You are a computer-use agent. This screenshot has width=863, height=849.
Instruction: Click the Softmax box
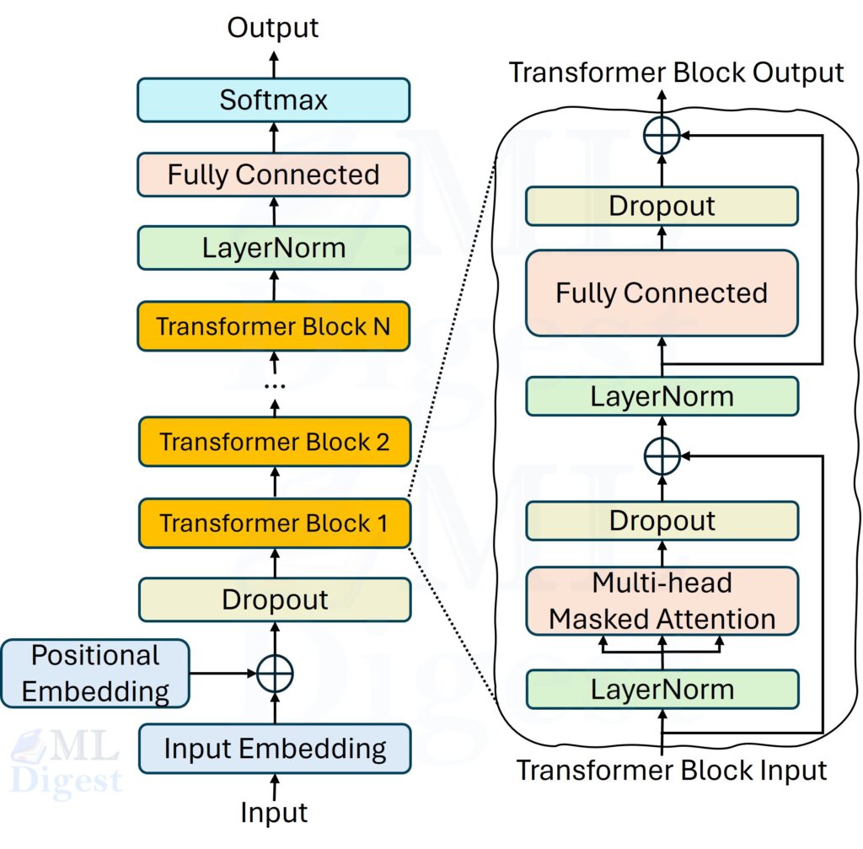click(x=273, y=100)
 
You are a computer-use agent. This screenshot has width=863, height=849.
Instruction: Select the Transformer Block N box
click(x=273, y=326)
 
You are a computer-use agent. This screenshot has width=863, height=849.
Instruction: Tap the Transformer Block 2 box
click(x=273, y=442)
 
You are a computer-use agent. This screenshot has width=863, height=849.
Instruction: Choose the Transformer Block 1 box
click(x=273, y=524)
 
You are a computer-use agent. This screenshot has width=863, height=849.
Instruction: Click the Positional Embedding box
click(x=94, y=673)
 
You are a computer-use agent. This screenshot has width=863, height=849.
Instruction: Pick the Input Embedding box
click(x=273, y=748)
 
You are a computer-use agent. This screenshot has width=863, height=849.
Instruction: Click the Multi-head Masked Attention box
click(x=662, y=601)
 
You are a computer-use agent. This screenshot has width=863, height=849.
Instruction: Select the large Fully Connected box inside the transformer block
click(x=662, y=293)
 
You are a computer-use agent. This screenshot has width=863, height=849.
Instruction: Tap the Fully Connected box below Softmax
click(x=273, y=175)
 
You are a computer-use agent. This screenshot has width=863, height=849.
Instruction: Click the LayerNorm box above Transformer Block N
click(x=273, y=248)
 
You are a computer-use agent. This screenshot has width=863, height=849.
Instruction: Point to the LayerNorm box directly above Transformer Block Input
click(x=662, y=689)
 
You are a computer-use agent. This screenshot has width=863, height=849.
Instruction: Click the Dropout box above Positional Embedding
click(x=273, y=599)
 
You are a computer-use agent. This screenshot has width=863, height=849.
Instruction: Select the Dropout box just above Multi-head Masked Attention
click(x=662, y=520)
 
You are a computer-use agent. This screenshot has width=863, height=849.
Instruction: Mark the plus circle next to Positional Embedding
click(x=274, y=674)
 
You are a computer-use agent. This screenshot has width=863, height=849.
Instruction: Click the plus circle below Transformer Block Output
click(x=662, y=135)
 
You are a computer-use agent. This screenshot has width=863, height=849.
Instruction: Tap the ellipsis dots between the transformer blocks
click(x=274, y=385)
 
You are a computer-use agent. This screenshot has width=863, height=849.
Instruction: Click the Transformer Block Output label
click(x=676, y=73)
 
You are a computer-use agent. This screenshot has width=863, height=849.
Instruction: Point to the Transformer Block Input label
click(x=672, y=770)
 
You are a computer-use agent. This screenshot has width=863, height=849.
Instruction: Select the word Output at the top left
click(x=273, y=27)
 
